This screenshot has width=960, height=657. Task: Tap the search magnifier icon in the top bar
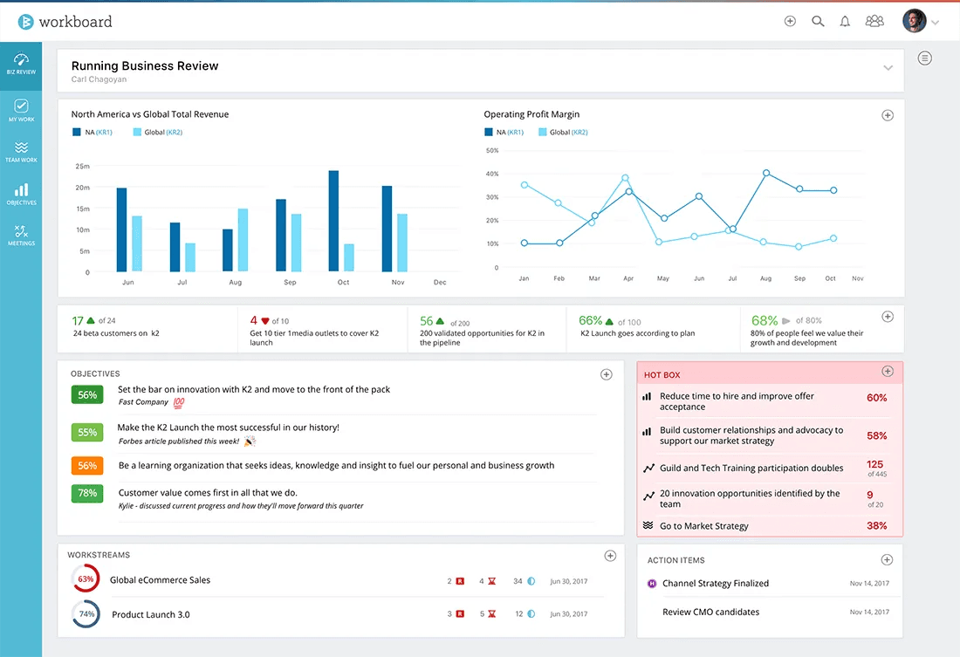point(818,22)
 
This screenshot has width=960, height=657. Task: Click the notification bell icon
point(845,22)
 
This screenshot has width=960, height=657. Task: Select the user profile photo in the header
point(914,22)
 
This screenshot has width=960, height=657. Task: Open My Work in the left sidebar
point(21,110)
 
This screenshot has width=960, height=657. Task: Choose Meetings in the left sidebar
point(21,236)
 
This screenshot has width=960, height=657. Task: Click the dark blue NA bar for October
point(333,222)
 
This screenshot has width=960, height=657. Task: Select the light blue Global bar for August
point(243,240)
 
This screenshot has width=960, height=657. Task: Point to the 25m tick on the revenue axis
point(83,166)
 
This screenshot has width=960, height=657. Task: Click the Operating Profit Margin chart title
point(531,114)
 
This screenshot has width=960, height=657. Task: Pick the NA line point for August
point(766,173)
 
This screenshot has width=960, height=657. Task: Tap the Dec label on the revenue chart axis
point(440,283)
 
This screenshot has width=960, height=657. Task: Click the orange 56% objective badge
point(87,466)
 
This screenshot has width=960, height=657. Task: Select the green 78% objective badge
point(87,493)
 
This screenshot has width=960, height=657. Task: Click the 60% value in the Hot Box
point(876,398)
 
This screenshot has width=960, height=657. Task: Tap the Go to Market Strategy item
point(704,526)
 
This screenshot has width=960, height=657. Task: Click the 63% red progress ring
point(86,579)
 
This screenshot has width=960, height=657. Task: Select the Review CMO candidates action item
point(710,612)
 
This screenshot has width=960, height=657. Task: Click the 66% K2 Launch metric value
point(591,321)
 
